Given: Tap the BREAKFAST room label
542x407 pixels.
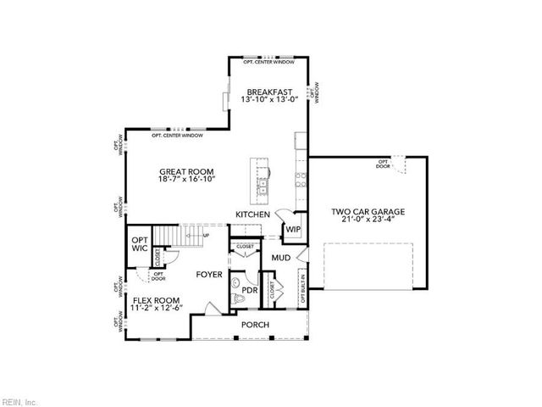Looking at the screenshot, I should click(269, 92).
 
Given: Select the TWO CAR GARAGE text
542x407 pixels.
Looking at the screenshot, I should click(367, 211).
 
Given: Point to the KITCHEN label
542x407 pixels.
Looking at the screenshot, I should click(252, 215).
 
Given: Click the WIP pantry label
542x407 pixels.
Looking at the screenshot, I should click(292, 230).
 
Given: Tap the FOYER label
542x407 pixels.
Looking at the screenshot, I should click(209, 275).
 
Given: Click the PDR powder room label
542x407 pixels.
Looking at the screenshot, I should click(250, 290).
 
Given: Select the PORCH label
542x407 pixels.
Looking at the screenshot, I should click(255, 325).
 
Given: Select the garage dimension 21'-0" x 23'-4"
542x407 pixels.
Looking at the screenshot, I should click(367, 220).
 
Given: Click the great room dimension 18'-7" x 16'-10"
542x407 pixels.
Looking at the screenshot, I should click(185, 180).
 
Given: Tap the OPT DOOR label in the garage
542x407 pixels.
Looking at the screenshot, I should click(384, 164).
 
